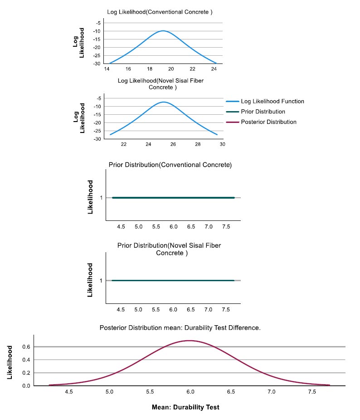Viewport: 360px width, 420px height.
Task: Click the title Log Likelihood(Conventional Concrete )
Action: tap(160, 12)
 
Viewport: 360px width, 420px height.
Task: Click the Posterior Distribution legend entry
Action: tap(261, 122)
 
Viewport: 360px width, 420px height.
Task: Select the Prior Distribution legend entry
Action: tap(256, 112)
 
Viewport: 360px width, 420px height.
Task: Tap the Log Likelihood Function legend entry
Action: tap(265, 102)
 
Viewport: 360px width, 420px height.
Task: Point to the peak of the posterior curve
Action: tap(190, 341)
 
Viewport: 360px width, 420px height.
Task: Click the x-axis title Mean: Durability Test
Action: tap(185, 407)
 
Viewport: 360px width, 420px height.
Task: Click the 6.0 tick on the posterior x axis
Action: tap(190, 392)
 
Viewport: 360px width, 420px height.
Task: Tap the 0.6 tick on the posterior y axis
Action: tap(26, 347)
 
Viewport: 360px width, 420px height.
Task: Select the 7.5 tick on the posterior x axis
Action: tap(312, 392)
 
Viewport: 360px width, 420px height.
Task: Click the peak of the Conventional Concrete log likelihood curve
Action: tap(163, 31)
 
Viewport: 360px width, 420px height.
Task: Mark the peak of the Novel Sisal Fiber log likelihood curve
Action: tap(164, 102)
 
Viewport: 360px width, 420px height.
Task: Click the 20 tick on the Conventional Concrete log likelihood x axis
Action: tap(171, 69)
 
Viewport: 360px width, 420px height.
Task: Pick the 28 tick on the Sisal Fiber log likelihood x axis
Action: tap(198, 144)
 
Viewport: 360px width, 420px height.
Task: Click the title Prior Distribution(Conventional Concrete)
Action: tap(170, 165)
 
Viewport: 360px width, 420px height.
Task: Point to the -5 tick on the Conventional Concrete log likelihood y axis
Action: tap(98, 23)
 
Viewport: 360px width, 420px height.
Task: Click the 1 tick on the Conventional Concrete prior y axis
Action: tap(101, 198)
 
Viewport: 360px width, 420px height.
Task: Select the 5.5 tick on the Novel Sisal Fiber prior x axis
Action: tap(156, 310)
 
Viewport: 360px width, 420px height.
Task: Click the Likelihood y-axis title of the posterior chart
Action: tap(10, 362)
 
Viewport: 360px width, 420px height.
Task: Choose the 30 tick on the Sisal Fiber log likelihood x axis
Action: tap(222, 144)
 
